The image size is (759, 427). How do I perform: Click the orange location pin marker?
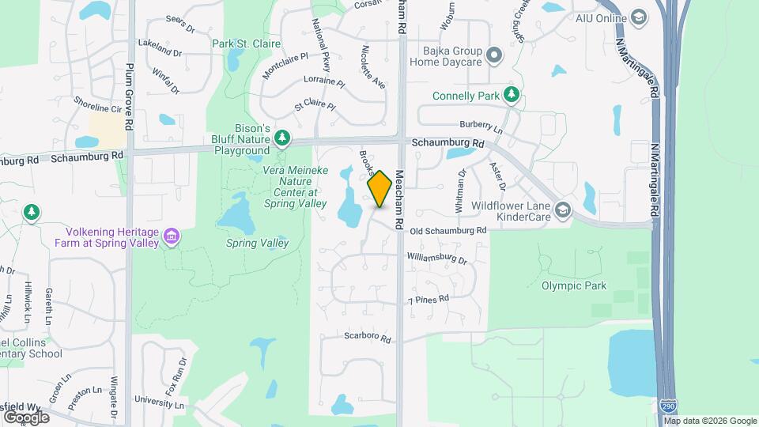tap(379, 189)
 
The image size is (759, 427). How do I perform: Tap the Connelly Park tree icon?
tap(512, 96)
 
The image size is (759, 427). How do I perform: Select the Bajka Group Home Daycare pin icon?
tap(494, 55)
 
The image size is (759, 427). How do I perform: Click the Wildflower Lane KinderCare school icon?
tap(562, 210)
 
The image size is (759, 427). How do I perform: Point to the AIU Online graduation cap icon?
tap(637, 17)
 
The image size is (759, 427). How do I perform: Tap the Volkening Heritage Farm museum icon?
tap(171, 236)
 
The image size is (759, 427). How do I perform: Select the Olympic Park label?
tap(575, 285)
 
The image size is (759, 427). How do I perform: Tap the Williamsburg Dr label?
tap(437, 258)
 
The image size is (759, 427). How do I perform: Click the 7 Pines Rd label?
tap(429, 300)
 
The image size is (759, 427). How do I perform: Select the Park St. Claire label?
tap(241, 43)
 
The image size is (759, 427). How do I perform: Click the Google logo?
tap(25, 417)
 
